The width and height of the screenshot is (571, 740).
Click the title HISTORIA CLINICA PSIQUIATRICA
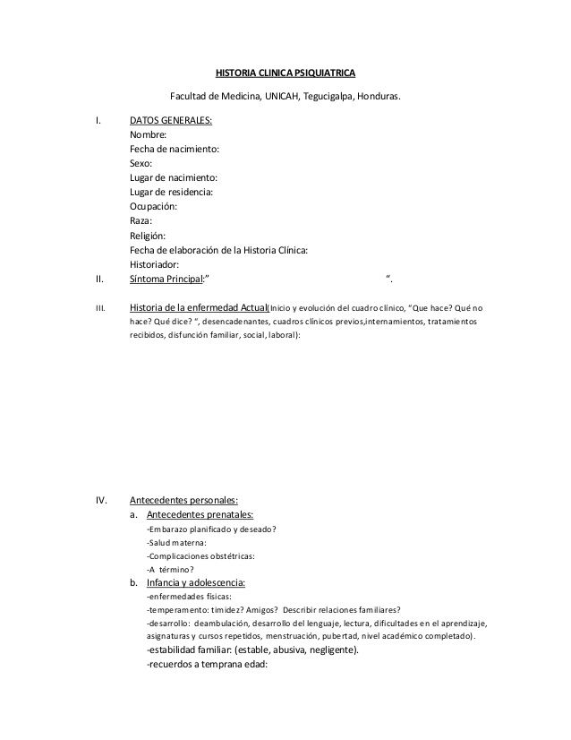(x=288, y=71)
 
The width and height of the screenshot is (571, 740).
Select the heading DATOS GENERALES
(x=171, y=121)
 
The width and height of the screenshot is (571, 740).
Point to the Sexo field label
(x=141, y=164)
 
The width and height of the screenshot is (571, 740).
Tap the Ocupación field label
(x=153, y=207)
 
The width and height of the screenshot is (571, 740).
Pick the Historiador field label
(x=155, y=264)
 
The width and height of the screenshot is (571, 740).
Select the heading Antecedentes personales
(x=183, y=500)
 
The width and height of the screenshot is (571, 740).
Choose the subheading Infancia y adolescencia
(x=196, y=583)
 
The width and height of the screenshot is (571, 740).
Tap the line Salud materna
(x=176, y=542)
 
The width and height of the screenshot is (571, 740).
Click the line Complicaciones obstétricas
(x=200, y=555)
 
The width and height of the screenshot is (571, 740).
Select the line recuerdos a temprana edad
(x=207, y=665)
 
